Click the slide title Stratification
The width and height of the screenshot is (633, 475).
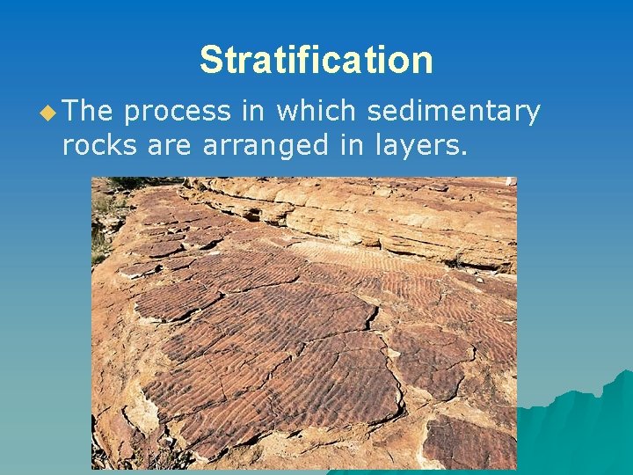coord(316,61)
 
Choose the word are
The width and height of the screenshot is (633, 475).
coord(167,146)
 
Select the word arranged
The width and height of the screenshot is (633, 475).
coord(264,146)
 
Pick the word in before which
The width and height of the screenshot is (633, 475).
coord(251,112)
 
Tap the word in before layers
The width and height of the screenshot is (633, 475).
coord(351,145)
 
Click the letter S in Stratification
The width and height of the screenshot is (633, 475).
coord(210,61)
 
